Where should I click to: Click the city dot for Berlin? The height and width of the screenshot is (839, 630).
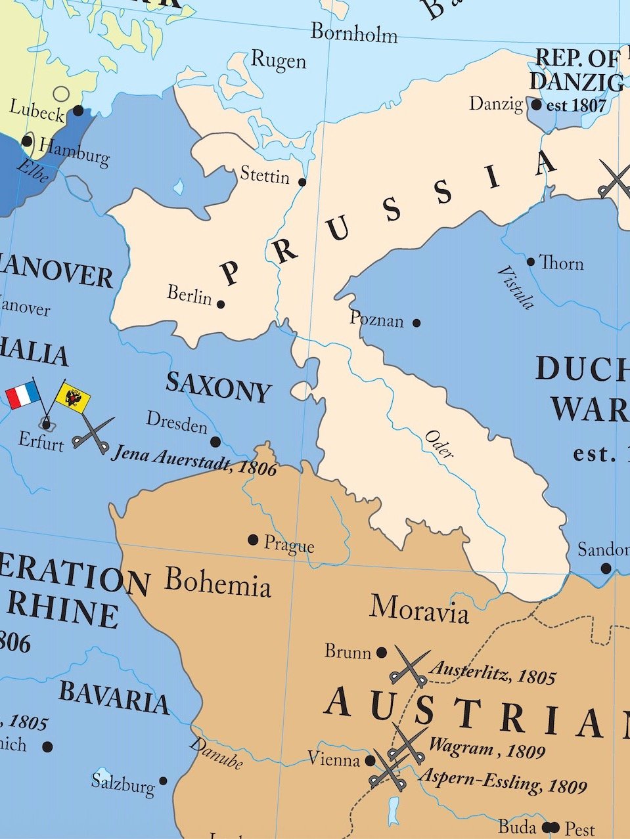click(x=221, y=304)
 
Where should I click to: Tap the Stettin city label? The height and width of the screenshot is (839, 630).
click(x=265, y=175)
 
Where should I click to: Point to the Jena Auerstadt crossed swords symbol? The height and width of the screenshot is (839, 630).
click(x=93, y=433)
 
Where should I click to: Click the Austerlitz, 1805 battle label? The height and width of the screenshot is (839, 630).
click(x=492, y=673)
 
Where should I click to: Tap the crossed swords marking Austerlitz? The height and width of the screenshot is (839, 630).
click(x=410, y=666)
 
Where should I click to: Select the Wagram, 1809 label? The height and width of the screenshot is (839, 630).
click(x=487, y=748)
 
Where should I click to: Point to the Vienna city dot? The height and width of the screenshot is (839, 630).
click(x=371, y=760)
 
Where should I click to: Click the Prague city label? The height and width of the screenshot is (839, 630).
click(x=289, y=544)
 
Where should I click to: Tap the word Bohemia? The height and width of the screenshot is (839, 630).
click(x=217, y=582)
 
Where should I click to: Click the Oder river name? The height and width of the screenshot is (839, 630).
click(x=439, y=444)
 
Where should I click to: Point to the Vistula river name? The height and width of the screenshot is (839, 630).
click(x=515, y=288)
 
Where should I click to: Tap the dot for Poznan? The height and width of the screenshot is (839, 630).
click(x=416, y=322)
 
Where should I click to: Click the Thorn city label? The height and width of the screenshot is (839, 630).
click(x=561, y=263)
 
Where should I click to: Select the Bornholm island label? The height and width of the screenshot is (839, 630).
click(x=353, y=32)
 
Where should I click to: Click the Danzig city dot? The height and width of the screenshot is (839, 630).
click(x=537, y=104)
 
